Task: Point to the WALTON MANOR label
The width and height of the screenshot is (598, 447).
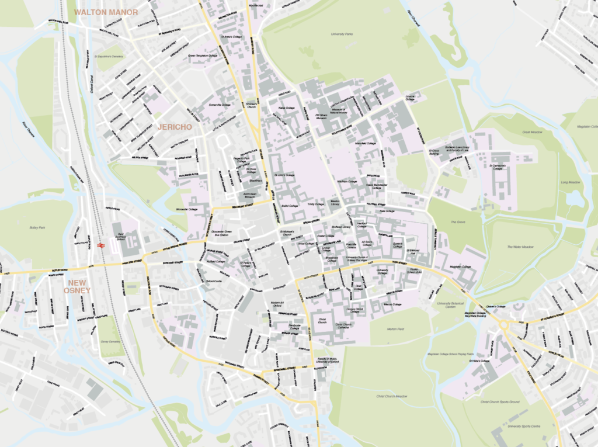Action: pyautogui.click(x=106, y=12)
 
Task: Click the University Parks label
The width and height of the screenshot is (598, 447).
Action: pyautogui.click(x=341, y=34)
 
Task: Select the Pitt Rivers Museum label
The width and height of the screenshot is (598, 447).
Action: pyautogui.click(x=325, y=117)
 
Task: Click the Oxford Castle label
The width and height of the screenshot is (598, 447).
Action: pyautogui.click(x=214, y=281)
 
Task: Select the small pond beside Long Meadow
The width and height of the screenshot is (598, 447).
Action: pyautogui.click(x=575, y=199)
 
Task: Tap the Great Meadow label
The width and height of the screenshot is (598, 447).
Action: pyautogui.click(x=533, y=133)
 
